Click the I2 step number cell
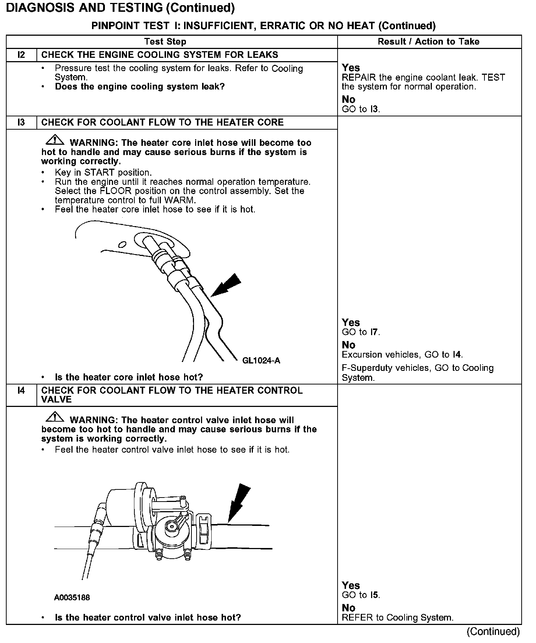[x=21, y=55]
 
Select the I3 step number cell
[x=21, y=122]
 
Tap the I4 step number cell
[x=21, y=391]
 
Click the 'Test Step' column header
[x=165, y=42]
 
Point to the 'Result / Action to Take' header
[x=429, y=42]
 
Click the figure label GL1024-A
[x=261, y=361]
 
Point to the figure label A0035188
[x=72, y=597]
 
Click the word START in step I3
[x=99, y=173]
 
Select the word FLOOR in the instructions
[x=116, y=191]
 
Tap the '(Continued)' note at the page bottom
[x=493, y=632]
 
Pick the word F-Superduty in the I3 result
[x=366, y=368]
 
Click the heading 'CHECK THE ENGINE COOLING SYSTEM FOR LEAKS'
[x=159, y=55]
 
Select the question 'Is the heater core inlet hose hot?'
[x=129, y=377]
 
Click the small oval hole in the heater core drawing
[x=122, y=245]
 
